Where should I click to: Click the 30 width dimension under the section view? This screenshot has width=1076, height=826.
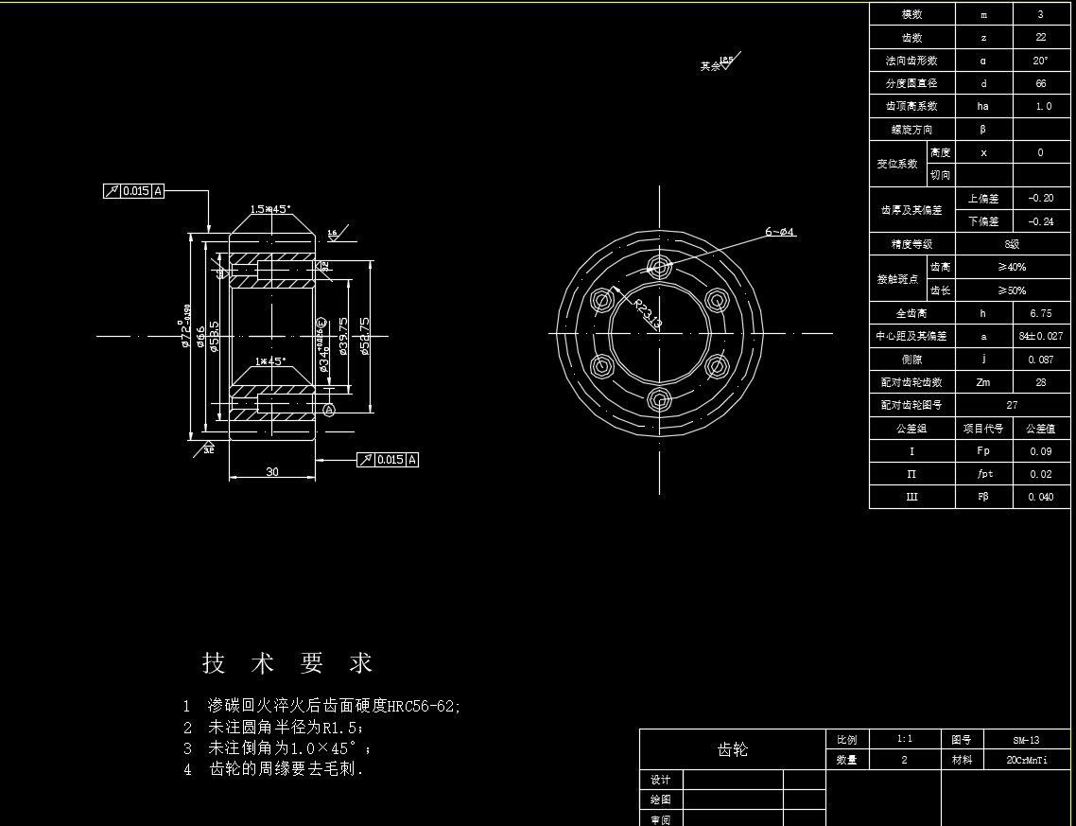(x=272, y=472)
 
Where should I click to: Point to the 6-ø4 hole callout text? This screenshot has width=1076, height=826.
(x=780, y=232)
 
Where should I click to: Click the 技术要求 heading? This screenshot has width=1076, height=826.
(x=287, y=663)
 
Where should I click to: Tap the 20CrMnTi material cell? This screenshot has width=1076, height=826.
(x=1027, y=760)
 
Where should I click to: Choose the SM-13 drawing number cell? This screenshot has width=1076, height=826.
(x=1026, y=739)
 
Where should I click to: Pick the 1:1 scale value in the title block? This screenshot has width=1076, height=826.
(x=904, y=739)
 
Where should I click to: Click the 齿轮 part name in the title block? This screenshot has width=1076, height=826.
(x=733, y=749)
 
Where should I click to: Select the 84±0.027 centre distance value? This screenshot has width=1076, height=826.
(x=1040, y=336)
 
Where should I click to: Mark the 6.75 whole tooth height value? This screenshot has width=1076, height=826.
(x=1040, y=313)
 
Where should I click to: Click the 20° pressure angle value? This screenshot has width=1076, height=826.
(x=1040, y=61)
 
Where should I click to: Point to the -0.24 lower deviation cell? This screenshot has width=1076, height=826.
(x=1040, y=221)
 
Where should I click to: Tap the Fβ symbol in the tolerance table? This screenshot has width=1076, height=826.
(x=983, y=497)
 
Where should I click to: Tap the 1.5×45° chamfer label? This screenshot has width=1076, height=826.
(x=270, y=209)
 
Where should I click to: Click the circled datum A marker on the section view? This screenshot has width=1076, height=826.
(x=329, y=411)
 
